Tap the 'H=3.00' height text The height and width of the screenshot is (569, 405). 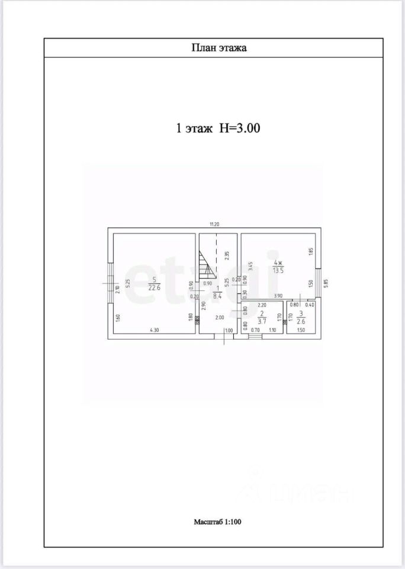(x=240, y=127)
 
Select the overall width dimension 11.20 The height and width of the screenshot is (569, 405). (x=214, y=224)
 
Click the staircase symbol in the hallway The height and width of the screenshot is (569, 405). (x=205, y=266)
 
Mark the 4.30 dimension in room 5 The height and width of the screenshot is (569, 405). (x=154, y=330)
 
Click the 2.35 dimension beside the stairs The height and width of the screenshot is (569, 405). (x=227, y=256)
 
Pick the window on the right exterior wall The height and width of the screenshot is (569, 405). (x=318, y=281)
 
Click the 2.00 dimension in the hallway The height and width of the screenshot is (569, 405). (x=219, y=317)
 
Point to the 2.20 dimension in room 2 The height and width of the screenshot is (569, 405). (x=262, y=305)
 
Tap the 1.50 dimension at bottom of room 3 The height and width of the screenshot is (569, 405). (x=300, y=330)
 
